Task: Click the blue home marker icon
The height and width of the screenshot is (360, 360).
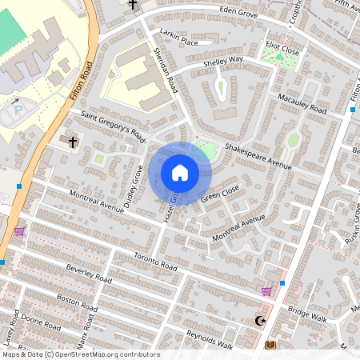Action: (180, 173)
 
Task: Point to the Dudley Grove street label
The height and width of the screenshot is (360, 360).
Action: (134, 186)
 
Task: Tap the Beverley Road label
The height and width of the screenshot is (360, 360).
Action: (89, 274)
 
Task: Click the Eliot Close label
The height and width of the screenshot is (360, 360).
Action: (282, 48)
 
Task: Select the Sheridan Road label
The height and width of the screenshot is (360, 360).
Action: (164, 69)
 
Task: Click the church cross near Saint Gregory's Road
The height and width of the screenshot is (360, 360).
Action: (73, 142)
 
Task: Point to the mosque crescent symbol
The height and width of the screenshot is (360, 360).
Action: (258, 321)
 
